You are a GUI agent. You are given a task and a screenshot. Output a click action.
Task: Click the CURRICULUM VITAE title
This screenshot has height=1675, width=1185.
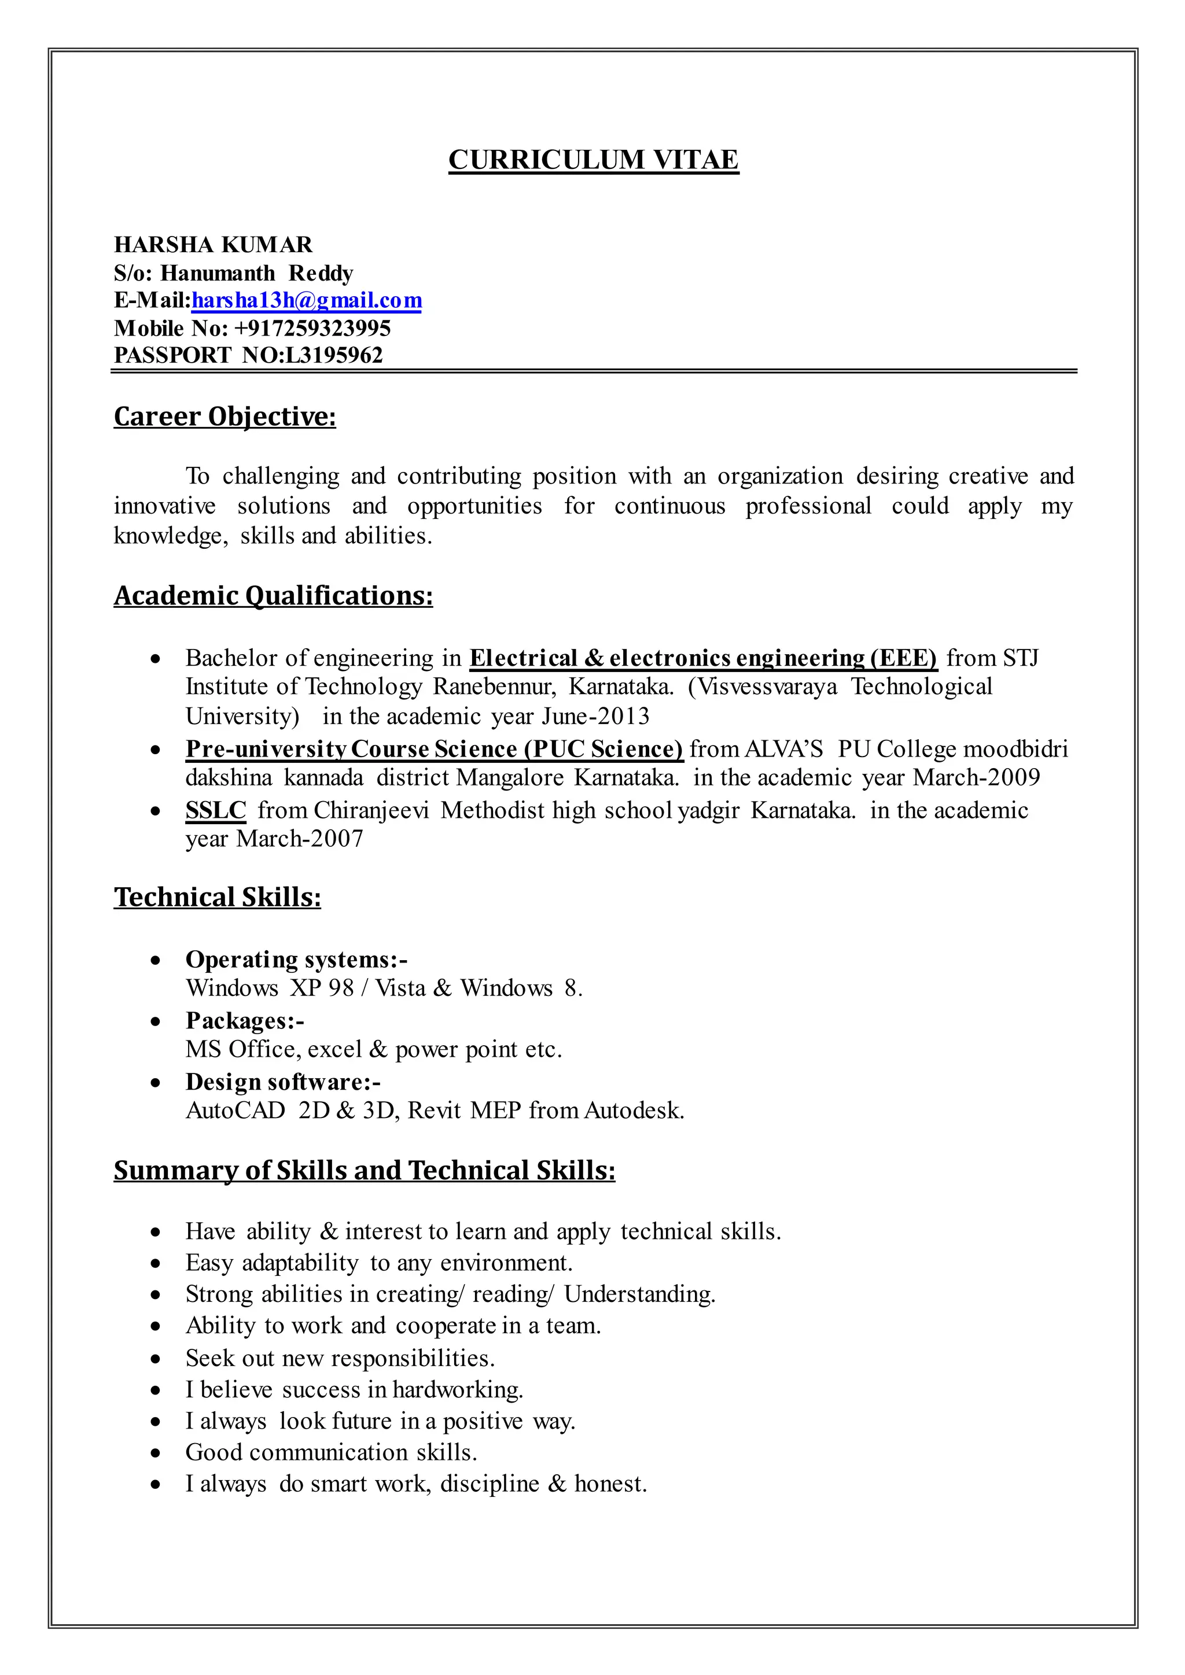592,160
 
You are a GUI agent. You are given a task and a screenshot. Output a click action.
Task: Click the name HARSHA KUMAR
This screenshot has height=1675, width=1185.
213,245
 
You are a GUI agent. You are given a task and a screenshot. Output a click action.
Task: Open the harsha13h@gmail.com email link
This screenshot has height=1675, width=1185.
307,301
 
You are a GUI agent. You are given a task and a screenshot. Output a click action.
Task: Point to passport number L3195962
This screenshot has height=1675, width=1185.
334,355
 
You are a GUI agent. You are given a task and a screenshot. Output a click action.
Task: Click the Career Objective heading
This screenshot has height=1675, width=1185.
225,416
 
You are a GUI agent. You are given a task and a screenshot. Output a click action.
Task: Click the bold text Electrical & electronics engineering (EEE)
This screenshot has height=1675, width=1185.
702,658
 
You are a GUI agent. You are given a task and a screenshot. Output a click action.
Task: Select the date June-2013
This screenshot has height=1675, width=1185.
595,717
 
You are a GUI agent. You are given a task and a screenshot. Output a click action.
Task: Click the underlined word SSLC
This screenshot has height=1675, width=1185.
216,810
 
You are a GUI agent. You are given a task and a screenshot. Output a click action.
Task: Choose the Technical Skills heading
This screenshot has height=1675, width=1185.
218,897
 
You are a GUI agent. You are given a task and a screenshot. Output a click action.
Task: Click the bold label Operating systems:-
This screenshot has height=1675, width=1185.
296,960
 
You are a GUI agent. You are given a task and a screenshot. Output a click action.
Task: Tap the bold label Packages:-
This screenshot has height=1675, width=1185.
244,1021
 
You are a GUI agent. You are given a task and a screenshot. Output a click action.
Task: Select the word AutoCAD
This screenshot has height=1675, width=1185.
235,1110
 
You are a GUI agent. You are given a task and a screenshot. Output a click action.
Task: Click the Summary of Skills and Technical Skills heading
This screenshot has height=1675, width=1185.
364,1170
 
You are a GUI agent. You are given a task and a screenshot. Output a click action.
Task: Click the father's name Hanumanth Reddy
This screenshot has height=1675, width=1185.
257,273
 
